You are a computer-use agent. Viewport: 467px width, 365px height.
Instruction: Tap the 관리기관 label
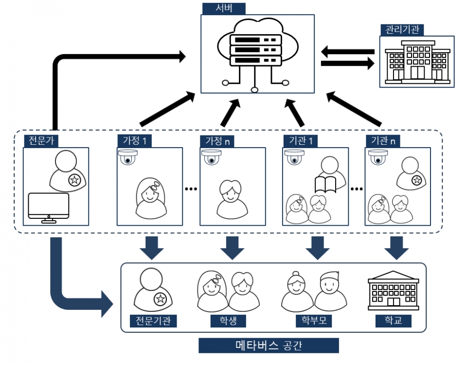click(x=401, y=30)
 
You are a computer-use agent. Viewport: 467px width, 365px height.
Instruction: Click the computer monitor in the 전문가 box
click(x=48, y=208)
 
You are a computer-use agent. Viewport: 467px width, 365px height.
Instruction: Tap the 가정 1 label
click(x=134, y=141)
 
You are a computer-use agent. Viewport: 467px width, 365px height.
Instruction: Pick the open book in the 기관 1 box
click(x=326, y=185)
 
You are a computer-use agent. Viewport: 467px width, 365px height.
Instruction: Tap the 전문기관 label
click(x=153, y=321)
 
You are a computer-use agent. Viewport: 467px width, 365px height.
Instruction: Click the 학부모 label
click(x=310, y=321)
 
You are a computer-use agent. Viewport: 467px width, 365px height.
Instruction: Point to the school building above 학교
click(x=394, y=291)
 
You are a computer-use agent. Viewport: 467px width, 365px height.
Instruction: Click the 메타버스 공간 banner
click(x=268, y=346)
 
